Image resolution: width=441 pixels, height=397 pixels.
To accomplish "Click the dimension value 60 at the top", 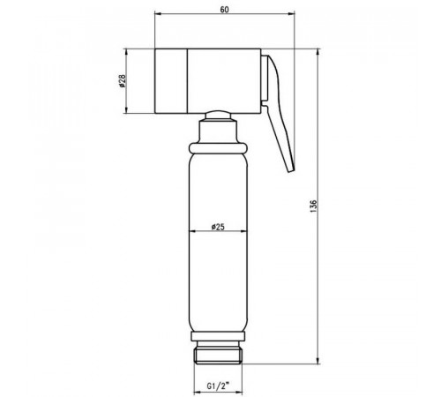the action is tap(224, 10).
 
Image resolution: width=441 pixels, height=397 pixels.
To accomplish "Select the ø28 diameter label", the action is tap(122, 81).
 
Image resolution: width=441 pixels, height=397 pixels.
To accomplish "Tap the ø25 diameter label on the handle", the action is tap(218, 227).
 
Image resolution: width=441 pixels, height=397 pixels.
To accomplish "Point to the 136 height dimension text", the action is tap(313, 206).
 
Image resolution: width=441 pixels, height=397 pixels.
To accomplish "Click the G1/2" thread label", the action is tap(218, 386).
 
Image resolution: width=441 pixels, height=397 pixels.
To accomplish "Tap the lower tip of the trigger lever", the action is tap(291, 170).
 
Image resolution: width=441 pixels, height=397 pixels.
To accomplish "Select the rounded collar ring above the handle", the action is tap(218, 148).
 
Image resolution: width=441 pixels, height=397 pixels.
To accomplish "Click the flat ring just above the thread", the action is tap(218, 336).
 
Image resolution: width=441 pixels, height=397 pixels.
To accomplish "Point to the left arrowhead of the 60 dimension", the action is tap(158, 13).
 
